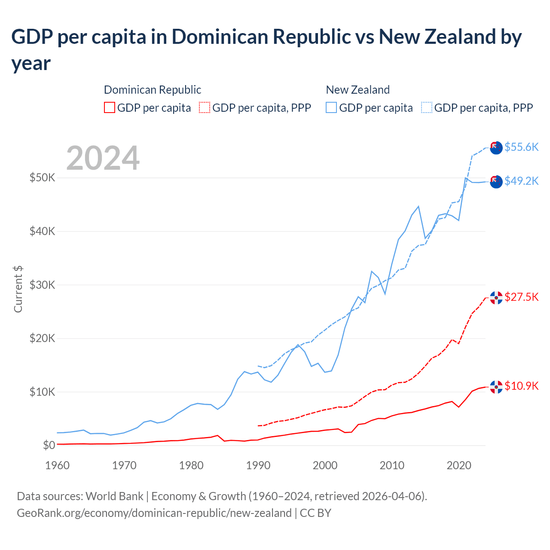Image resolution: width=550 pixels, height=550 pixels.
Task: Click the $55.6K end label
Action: (521, 147)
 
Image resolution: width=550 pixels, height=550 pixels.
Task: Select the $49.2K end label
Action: (521, 181)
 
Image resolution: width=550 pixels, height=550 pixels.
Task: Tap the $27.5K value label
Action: (521, 297)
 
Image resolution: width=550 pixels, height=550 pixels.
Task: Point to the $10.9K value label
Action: (521, 386)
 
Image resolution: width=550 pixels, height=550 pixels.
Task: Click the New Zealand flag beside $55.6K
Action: (496, 147)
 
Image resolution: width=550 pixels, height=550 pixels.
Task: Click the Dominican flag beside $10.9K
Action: (496, 387)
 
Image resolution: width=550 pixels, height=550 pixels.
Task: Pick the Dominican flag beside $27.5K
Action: (496, 298)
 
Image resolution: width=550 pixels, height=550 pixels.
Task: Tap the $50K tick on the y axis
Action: (42, 177)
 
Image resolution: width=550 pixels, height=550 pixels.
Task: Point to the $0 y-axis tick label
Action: (49, 445)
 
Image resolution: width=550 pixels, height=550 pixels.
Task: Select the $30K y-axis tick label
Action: (42, 285)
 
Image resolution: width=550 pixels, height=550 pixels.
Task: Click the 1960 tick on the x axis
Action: (57, 465)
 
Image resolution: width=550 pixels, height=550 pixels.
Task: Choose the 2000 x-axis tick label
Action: (325, 465)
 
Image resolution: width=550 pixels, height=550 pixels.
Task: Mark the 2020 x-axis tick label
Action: (459, 465)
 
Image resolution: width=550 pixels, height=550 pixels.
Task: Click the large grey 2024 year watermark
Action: (103, 158)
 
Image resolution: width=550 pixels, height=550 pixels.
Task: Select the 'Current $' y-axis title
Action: (18, 289)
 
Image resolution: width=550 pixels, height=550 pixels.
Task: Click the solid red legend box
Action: (110, 107)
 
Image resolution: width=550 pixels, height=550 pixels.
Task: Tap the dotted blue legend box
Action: (427, 107)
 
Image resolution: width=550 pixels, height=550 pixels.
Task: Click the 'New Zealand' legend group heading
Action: (357, 90)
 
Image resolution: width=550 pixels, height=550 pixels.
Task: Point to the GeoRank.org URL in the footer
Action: (154, 513)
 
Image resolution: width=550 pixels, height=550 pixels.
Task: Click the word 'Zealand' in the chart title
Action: (459, 37)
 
